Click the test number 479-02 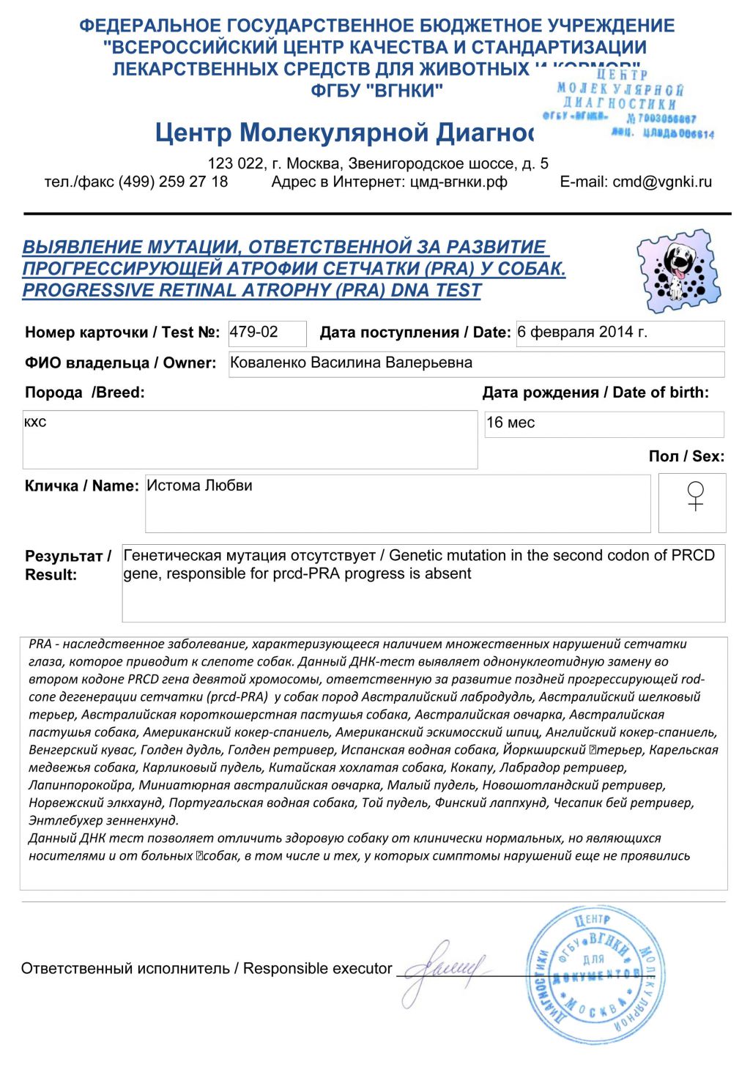254,332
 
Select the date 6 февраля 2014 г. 582,332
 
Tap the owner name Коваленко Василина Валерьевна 351,363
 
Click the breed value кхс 35,423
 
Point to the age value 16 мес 510,423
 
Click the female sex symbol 695,496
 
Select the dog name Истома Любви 199,486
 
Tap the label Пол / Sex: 686,456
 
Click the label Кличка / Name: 81,486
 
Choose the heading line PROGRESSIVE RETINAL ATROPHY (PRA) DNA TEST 251,291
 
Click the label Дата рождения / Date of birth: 595,393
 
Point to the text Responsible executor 318,969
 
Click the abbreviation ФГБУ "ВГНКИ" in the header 377,91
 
